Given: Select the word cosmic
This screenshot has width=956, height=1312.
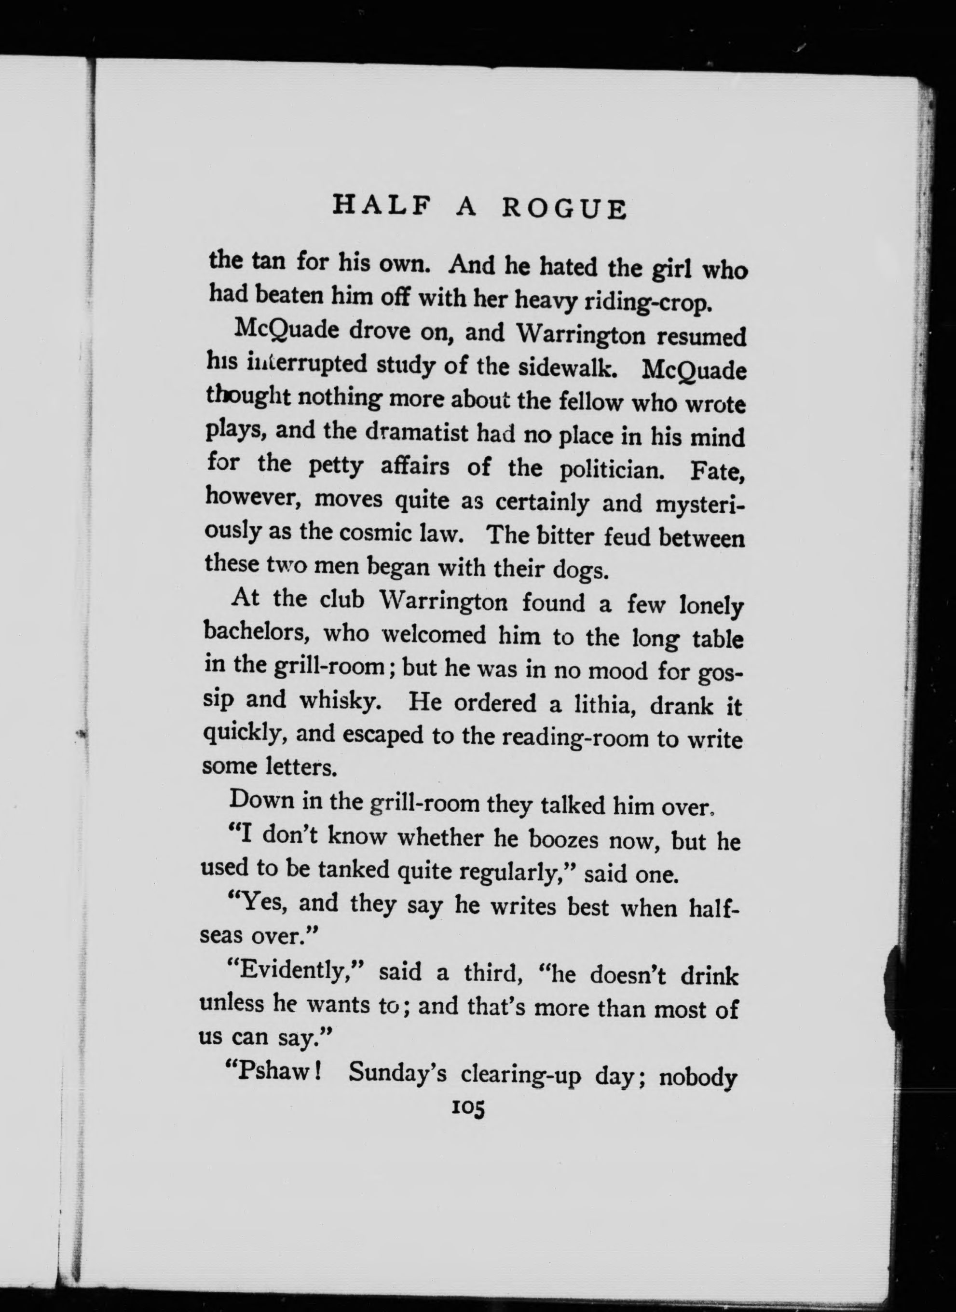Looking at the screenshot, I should pyautogui.click(x=375, y=533).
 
